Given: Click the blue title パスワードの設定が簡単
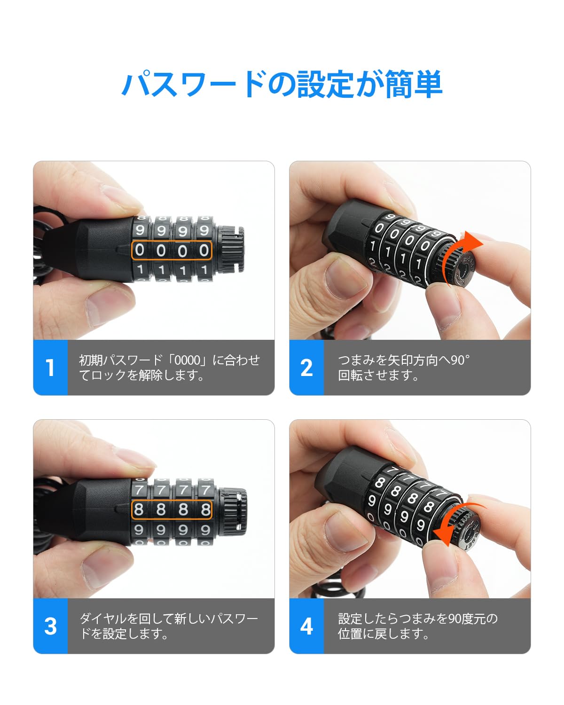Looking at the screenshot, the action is tap(282, 84).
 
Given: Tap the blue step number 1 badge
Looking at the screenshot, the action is tap(50, 367).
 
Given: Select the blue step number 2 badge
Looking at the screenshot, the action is tap(306, 367).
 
